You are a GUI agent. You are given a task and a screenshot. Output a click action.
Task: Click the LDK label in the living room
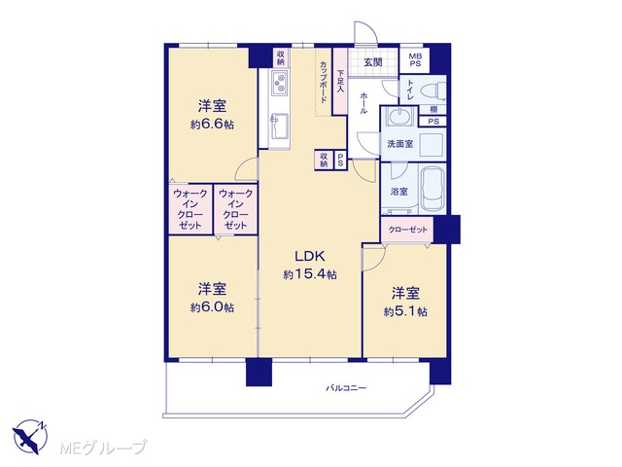click(x=310, y=256)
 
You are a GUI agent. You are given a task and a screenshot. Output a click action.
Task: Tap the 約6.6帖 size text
click(x=212, y=125)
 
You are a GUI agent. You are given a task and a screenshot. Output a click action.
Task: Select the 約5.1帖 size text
click(x=405, y=311)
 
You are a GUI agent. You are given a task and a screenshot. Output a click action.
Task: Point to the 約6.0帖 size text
click(x=212, y=307)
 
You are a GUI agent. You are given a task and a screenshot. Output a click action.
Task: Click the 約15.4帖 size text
click(x=310, y=274)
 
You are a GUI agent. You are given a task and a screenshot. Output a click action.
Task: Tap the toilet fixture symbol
click(x=432, y=90)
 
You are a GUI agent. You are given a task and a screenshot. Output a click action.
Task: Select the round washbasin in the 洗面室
click(x=398, y=117)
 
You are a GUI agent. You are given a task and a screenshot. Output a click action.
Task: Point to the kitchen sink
click(x=279, y=126)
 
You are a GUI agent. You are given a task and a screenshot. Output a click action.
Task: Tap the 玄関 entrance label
click(x=373, y=62)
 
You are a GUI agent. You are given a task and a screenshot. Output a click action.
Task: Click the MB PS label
click(x=415, y=60)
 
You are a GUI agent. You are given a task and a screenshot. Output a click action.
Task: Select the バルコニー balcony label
click(x=346, y=387)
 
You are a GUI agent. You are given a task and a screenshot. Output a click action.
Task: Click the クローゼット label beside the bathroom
click(x=407, y=230)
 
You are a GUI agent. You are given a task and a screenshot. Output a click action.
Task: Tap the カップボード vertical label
click(x=324, y=81)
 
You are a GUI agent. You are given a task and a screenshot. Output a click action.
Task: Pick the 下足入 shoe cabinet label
click(x=340, y=82)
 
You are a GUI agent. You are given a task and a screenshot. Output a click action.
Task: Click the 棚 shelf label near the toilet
click(x=433, y=109)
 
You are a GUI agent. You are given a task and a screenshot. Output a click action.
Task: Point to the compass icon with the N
click(x=30, y=436)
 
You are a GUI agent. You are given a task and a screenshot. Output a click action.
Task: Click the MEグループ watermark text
click(x=103, y=448)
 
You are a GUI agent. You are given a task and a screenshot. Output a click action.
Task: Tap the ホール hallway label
click(x=363, y=103)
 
